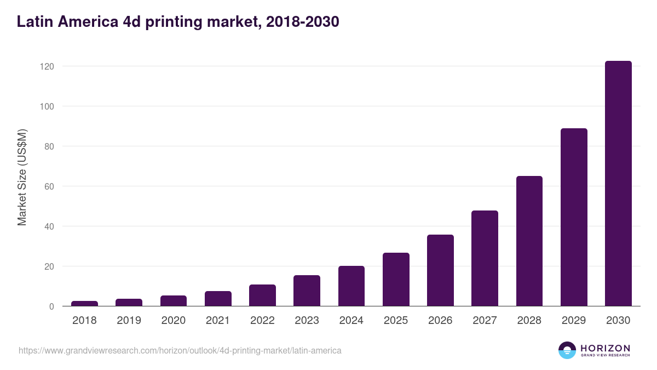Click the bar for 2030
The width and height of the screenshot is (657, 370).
click(618, 184)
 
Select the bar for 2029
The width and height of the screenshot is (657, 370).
click(574, 217)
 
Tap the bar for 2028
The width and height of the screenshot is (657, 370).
click(529, 241)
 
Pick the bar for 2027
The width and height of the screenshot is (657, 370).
click(485, 258)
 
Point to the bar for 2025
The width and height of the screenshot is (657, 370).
click(396, 280)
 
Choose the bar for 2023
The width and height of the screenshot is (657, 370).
click(307, 291)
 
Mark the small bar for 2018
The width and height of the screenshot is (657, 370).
click(84, 303)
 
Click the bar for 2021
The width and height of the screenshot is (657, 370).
click(218, 299)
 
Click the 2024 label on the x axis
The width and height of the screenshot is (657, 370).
click(351, 321)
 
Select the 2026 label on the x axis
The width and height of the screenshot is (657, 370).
click(440, 321)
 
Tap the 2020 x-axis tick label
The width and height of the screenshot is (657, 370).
click(173, 321)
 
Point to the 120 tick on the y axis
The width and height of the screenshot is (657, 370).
click(47, 66)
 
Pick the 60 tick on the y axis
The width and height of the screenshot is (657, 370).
click(49, 186)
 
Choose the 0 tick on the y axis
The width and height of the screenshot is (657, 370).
click(51, 306)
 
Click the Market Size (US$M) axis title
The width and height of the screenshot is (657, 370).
click(22, 178)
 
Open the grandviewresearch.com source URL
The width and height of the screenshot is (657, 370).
click(180, 350)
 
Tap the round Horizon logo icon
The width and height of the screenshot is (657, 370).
click(567, 350)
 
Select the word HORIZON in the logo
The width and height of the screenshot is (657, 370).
click(605, 348)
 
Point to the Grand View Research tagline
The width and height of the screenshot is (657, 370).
click(605, 356)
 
